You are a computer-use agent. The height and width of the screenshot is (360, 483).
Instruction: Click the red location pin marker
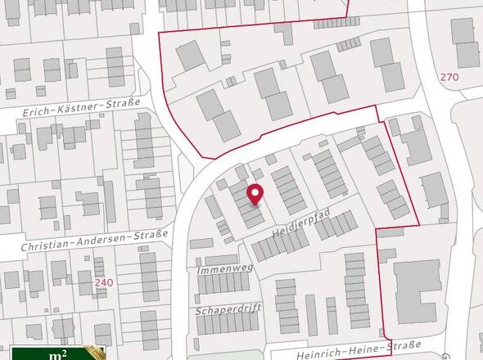point(255,194)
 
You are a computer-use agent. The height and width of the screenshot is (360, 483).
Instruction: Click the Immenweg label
point(224,267)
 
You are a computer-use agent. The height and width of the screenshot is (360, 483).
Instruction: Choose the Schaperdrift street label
point(226,311)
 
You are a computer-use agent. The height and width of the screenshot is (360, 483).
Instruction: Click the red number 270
point(449,77)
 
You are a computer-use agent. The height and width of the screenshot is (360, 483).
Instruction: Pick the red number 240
point(103,282)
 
